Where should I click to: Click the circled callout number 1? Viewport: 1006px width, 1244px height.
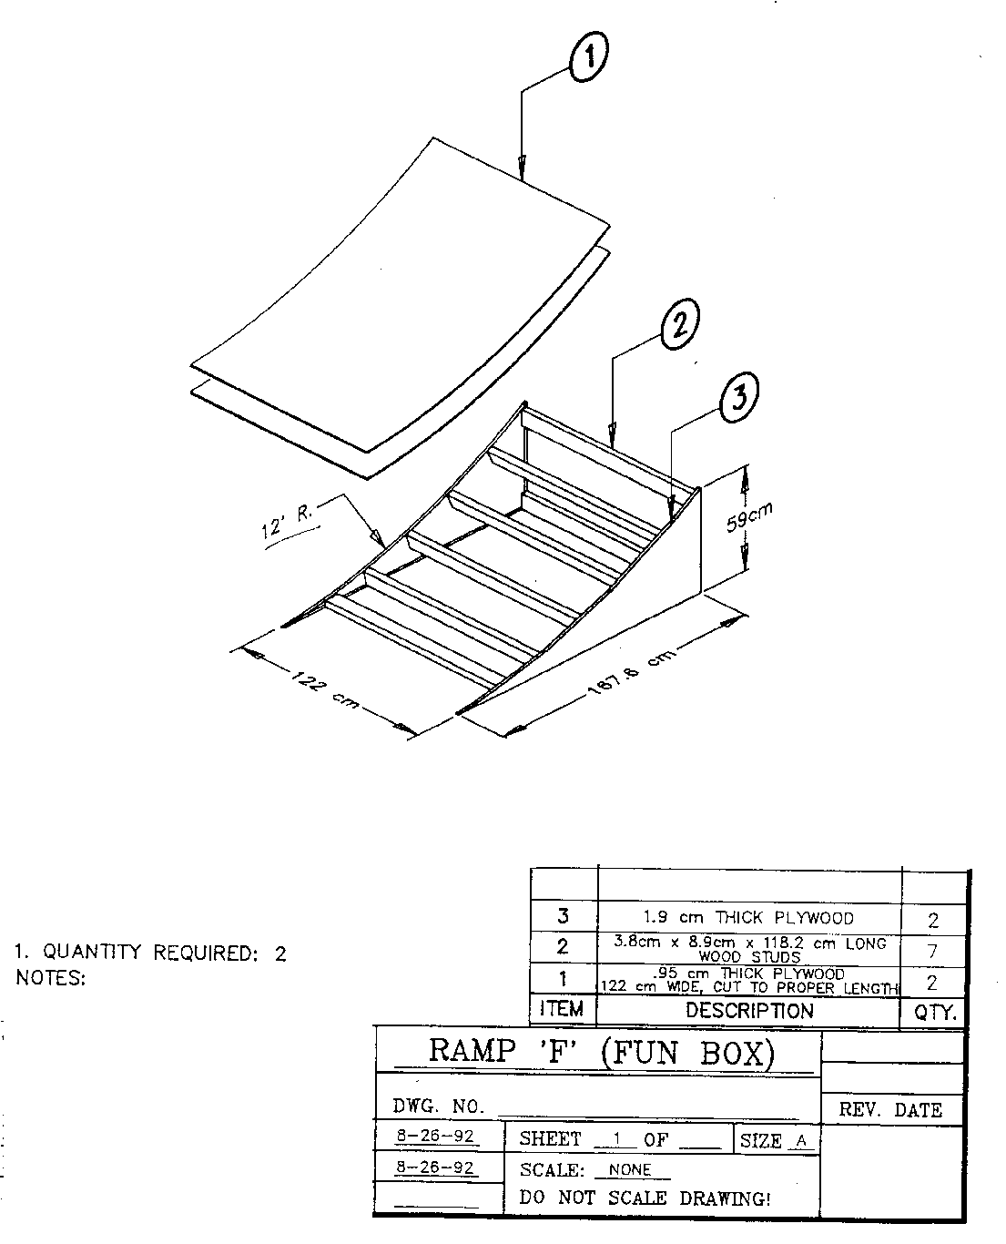(588, 56)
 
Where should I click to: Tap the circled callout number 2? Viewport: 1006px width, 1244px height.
(680, 324)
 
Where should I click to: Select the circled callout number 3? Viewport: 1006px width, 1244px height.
(739, 398)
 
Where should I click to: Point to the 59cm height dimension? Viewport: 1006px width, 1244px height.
(749, 517)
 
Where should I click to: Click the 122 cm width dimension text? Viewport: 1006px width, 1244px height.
(325, 691)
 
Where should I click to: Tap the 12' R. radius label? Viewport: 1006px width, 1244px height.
(288, 522)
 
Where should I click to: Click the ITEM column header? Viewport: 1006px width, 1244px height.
(562, 1009)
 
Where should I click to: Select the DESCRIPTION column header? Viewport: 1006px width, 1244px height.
(749, 1010)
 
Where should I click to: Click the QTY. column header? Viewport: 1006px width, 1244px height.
(935, 1012)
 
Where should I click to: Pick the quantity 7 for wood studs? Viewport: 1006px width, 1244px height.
(932, 952)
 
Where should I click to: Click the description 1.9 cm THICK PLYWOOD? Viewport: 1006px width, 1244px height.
(748, 918)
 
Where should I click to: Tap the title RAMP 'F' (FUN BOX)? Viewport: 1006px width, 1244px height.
(602, 1052)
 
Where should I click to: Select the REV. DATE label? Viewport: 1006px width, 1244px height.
(890, 1109)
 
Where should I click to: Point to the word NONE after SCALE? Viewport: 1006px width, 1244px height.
(629, 1169)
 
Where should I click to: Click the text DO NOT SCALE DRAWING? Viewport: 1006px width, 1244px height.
(645, 1198)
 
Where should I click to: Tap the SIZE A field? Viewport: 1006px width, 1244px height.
(774, 1140)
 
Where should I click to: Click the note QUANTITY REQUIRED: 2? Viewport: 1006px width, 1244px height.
(150, 953)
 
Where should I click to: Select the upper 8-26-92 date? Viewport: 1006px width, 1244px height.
(435, 1136)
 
